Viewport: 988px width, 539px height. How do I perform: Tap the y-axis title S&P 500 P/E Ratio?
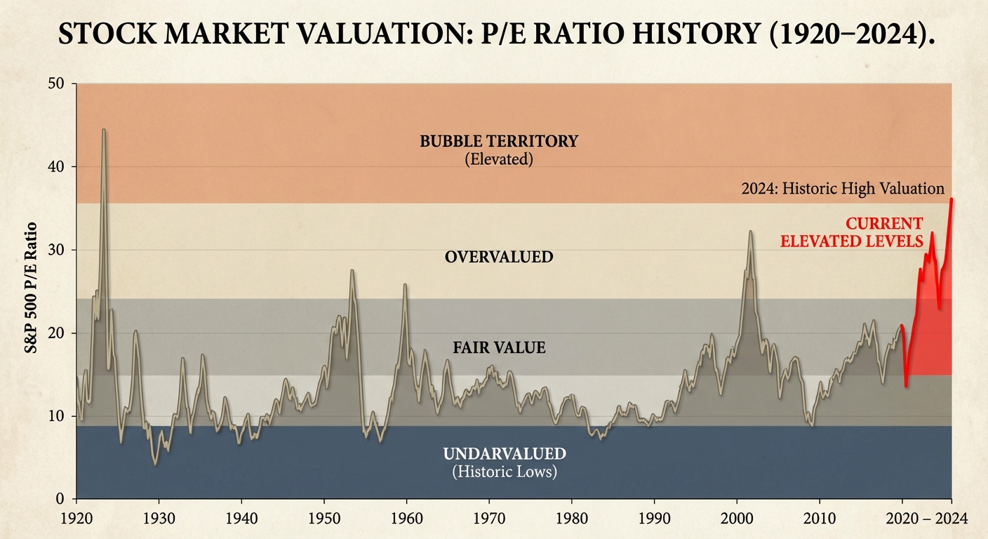click(32, 291)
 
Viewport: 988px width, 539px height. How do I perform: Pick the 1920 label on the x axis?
click(76, 519)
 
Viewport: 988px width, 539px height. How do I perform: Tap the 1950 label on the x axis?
click(323, 519)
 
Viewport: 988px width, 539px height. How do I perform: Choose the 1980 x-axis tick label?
click(571, 519)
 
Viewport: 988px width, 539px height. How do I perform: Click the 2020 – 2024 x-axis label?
click(926, 519)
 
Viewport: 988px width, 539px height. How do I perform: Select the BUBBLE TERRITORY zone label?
click(499, 141)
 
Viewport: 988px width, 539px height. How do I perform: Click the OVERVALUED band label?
click(499, 257)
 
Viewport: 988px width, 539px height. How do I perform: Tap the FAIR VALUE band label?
click(499, 347)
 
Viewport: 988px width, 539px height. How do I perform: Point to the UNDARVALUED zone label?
click(505, 453)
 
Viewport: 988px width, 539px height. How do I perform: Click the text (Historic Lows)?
click(505, 472)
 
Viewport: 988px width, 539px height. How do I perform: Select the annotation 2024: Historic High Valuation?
click(843, 188)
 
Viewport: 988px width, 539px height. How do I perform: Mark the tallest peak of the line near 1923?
click(104, 130)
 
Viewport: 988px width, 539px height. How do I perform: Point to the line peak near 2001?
click(750, 231)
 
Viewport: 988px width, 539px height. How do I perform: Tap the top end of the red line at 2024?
click(951, 199)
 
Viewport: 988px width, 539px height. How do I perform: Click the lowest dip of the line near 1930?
click(155, 464)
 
